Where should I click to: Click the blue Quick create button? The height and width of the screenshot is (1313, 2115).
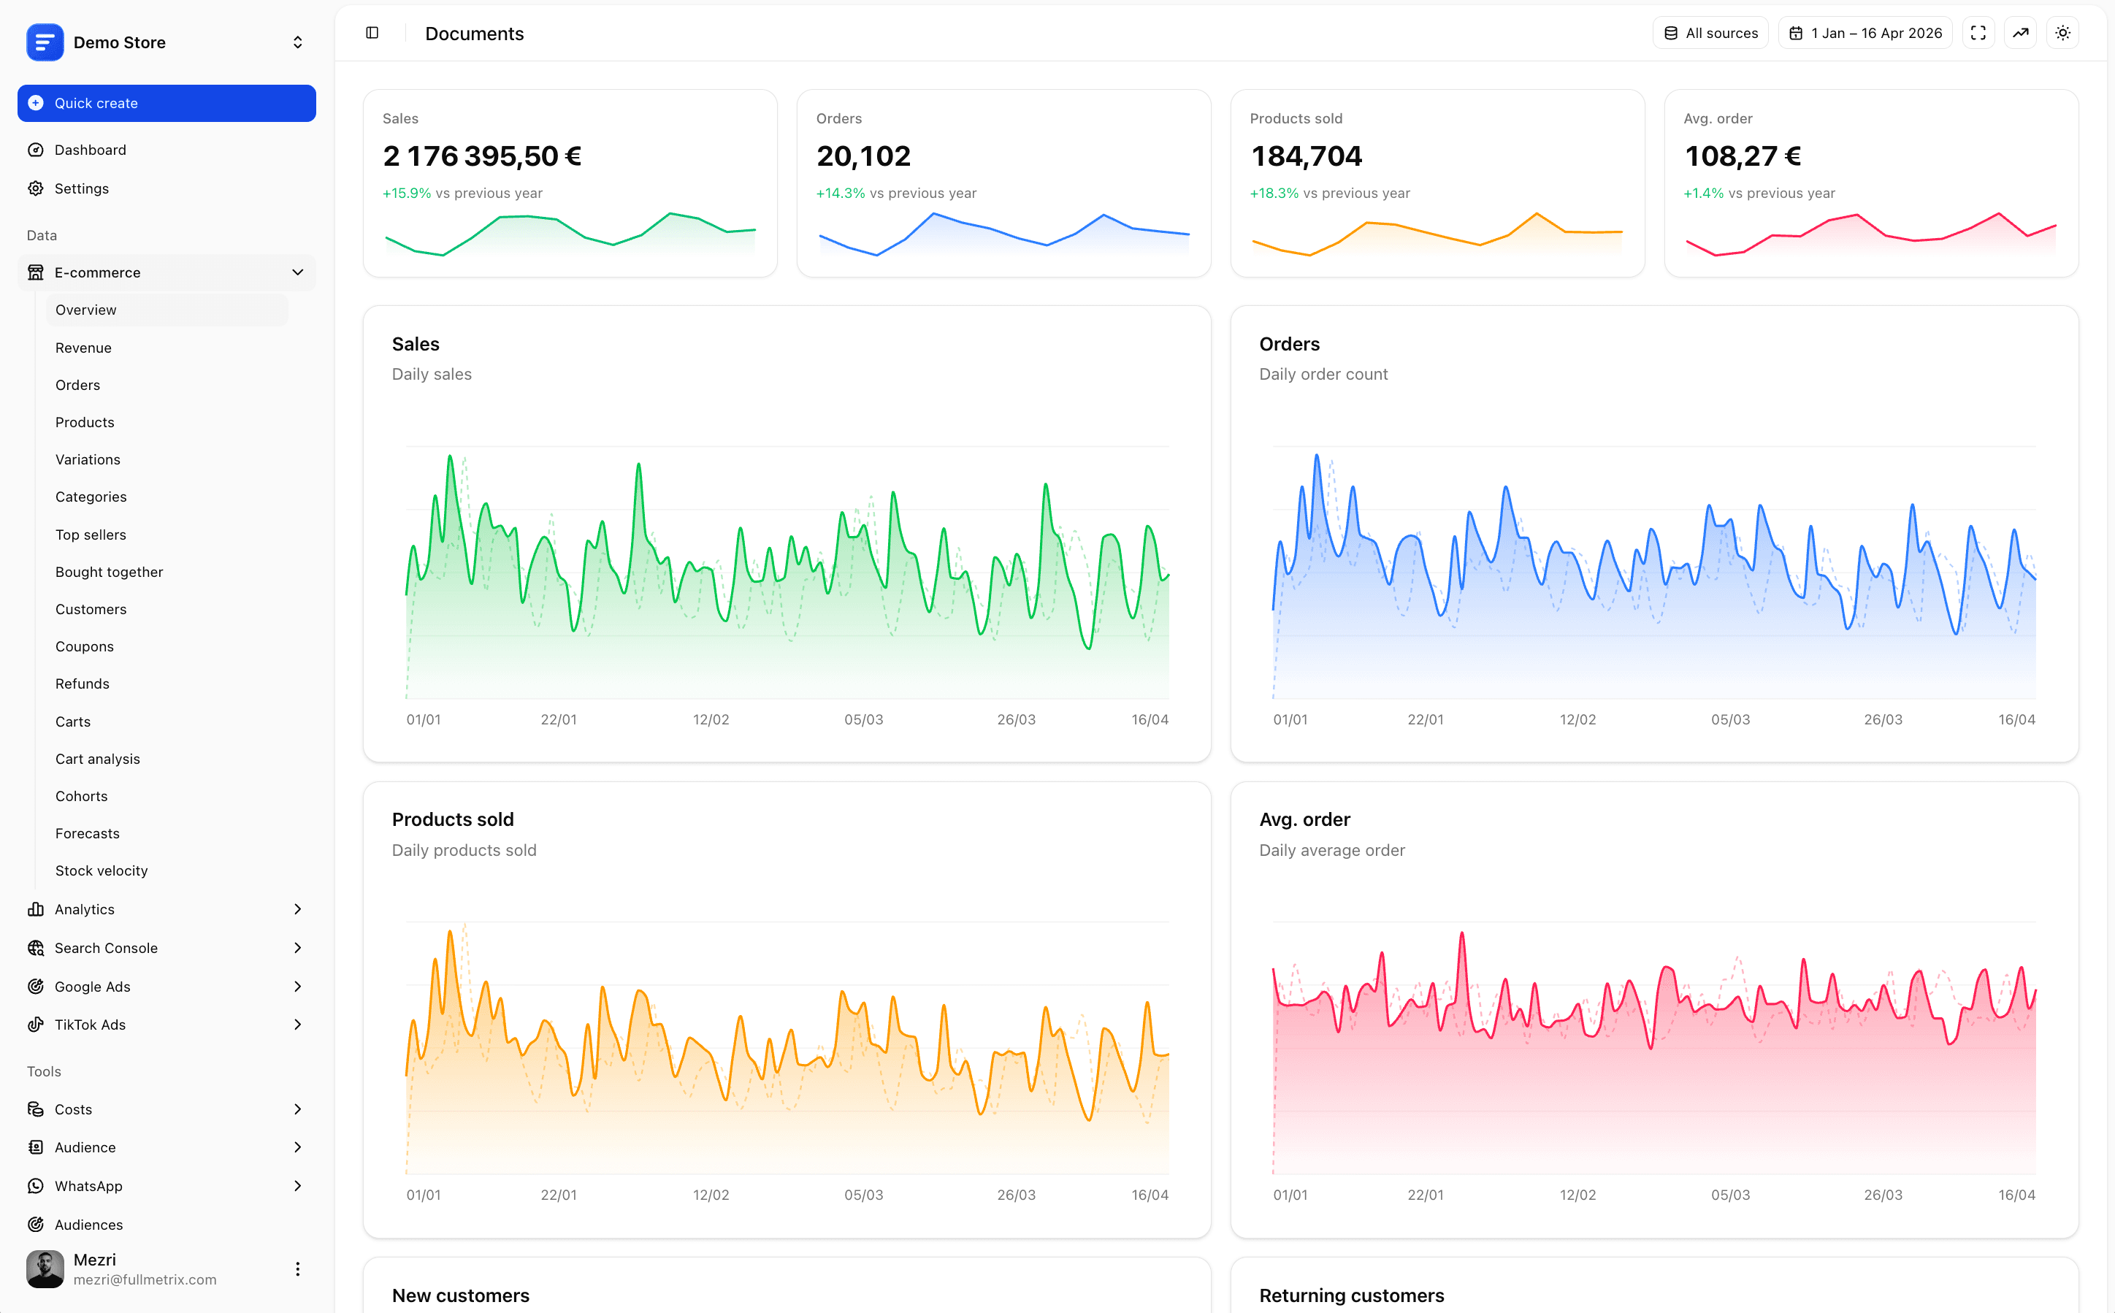(x=166, y=104)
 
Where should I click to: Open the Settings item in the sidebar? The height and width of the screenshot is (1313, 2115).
(x=81, y=188)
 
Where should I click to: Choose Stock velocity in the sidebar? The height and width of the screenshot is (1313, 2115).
(x=101, y=871)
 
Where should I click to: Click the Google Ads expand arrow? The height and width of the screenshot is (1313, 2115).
(x=297, y=987)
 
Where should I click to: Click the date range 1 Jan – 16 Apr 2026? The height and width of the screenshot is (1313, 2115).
(x=1865, y=33)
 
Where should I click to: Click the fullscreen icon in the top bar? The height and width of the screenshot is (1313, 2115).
(x=1978, y=33)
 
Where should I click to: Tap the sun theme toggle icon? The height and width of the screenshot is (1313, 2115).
(x=2063, y=33)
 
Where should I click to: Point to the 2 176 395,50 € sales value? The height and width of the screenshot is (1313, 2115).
(x=482, y=156)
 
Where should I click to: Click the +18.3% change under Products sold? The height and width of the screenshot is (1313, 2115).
(x=1274, y=194)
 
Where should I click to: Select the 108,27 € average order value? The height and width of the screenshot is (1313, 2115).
(x=1743, y=156)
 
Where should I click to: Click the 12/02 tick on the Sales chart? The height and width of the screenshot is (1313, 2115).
(x=710, y=720)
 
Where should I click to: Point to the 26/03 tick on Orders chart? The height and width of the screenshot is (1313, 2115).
(x=1882, y=720)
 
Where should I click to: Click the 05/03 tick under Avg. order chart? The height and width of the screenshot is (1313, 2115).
(x=1729, y=1195)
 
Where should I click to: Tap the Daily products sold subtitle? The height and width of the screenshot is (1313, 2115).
(x=464, y=851)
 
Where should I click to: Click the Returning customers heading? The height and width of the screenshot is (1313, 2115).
(x=1351, y=1295)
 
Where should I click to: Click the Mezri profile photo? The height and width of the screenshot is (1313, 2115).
(x=45, y=1268)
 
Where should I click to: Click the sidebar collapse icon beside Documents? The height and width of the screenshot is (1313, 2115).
(x=372, y=33)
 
